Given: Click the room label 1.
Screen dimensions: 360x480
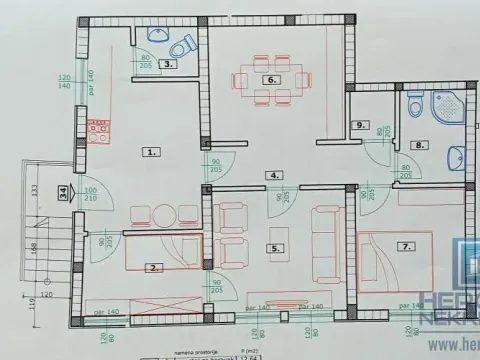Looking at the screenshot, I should (151, 152).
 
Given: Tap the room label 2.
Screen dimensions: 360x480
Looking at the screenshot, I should (153, 267).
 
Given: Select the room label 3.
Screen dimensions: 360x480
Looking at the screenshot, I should (170, 63).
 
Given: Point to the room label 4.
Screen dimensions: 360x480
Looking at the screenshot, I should (273, 175).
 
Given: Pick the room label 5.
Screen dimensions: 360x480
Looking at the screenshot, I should (271, 247).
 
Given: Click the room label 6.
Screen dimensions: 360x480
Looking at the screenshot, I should (270, 79).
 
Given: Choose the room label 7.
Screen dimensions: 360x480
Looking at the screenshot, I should (406, 245).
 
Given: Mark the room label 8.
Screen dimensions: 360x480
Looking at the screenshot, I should (421, 145).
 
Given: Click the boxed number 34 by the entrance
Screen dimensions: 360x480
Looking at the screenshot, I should (62, 193).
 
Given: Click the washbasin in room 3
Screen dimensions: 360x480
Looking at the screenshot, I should (157, 35).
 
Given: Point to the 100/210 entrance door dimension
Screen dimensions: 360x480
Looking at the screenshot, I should (91, 194).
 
